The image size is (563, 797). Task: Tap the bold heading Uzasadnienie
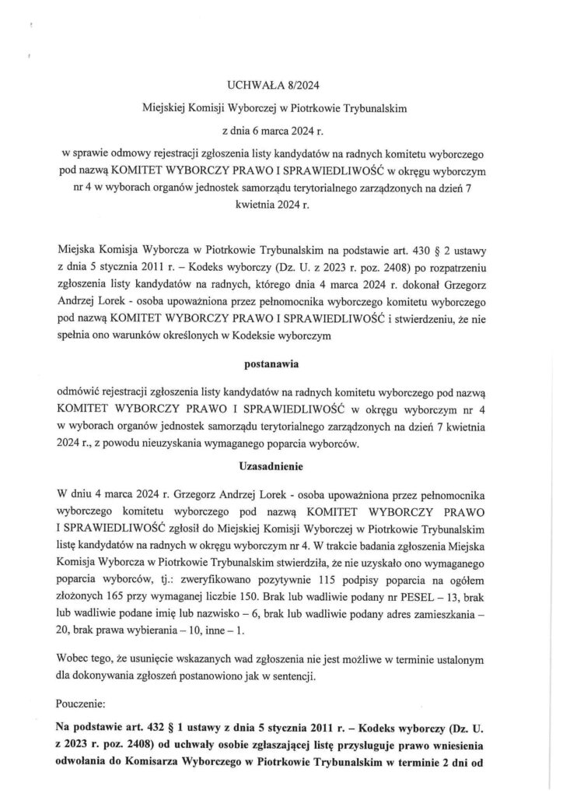pyautogui.click(x=281, y=469)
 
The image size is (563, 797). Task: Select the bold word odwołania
pyautogui.click(x=86, y=763)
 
